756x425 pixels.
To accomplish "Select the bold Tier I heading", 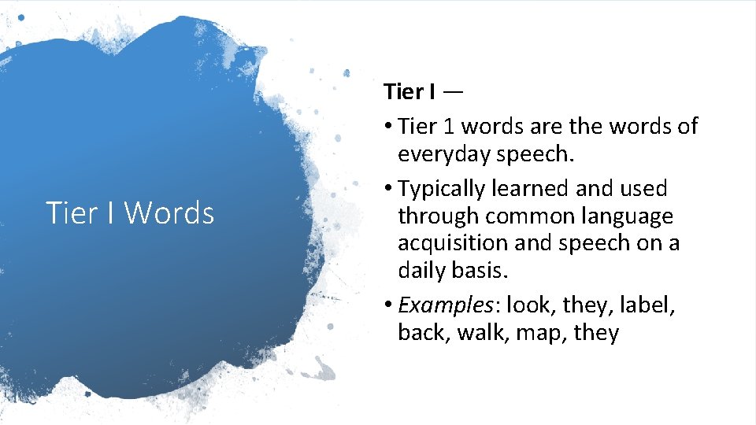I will click(409, 92).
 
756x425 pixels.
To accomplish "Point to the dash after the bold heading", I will click(453, 92).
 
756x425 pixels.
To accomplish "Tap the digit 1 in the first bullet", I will click(444, 126).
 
